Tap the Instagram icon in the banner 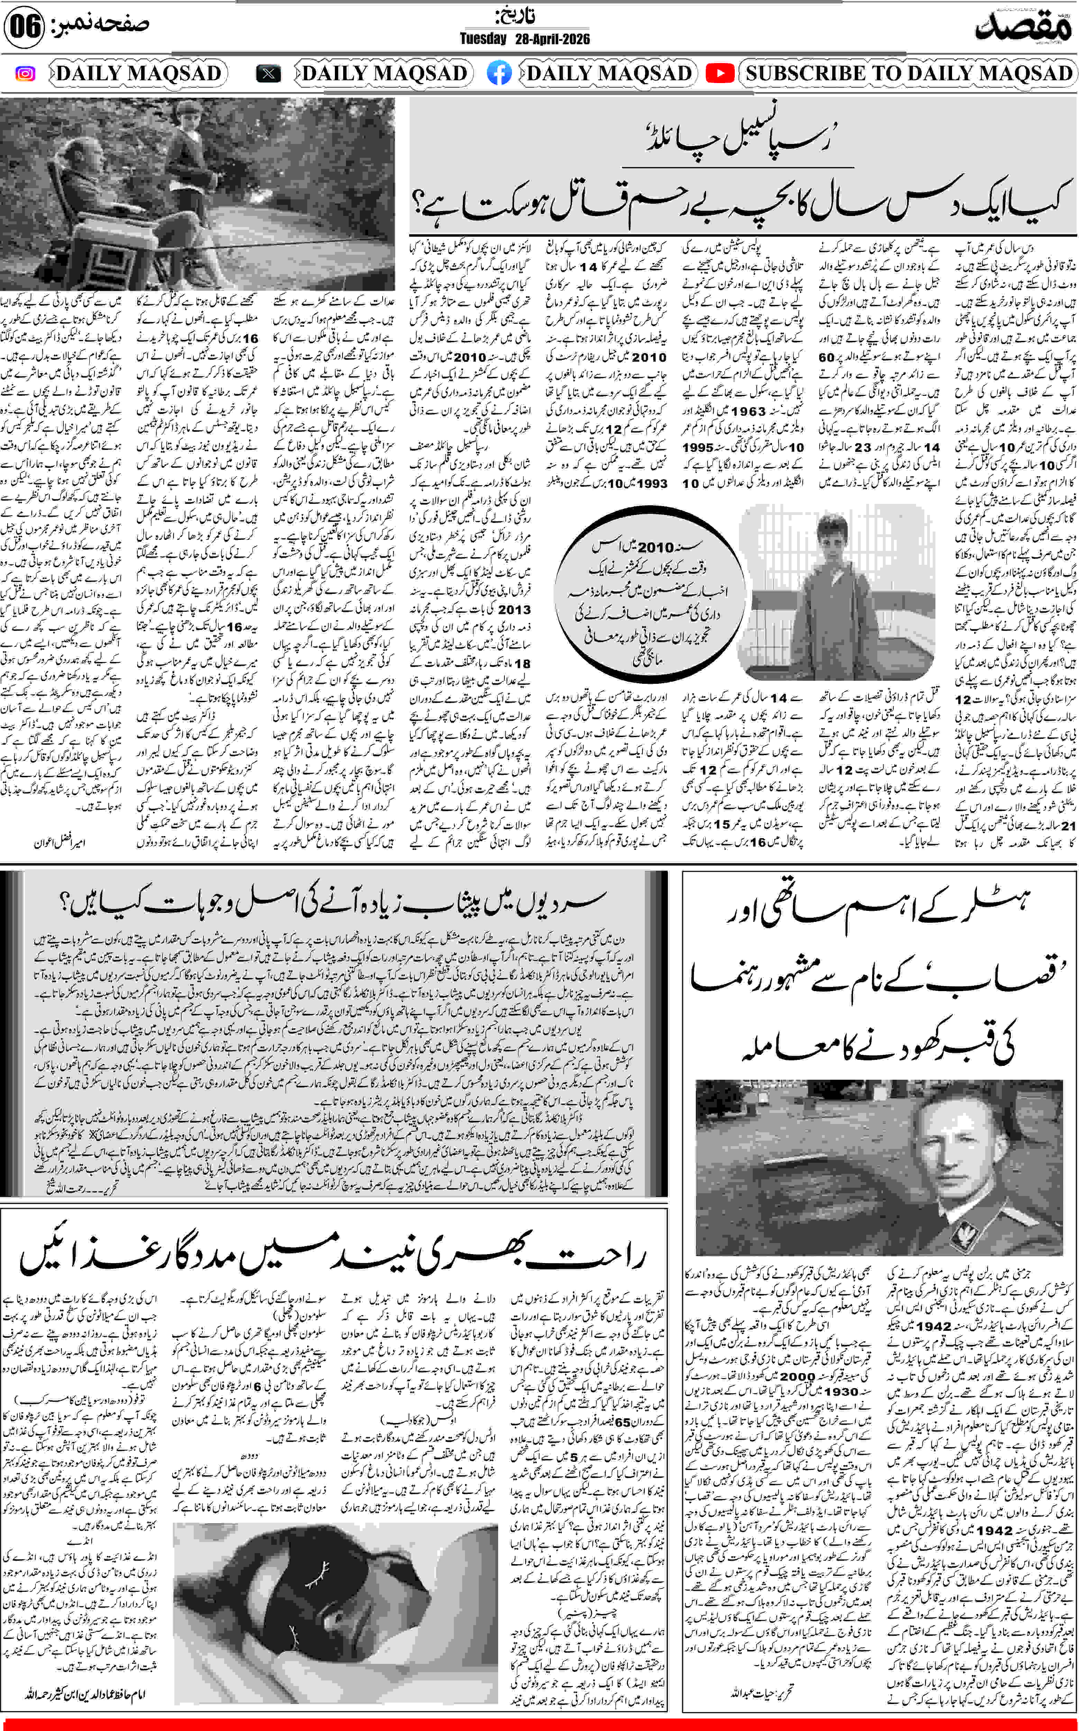click(x=25, y=73)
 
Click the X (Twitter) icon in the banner click(x=268, y=73)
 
